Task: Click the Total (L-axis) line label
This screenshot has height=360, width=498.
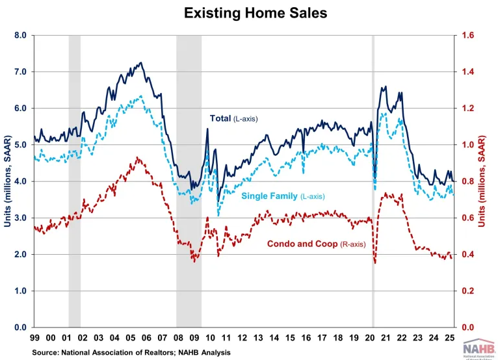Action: (x=236, y=118)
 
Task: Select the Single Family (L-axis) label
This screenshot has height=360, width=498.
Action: (x=283, y=196)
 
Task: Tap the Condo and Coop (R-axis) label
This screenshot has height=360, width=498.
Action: (x=316, y=244)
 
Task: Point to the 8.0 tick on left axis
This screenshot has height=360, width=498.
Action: (x=19, y=35)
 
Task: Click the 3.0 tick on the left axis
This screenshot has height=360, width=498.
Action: (x=19, y=218)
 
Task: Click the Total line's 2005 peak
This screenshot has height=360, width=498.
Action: (x=141, y=63)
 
